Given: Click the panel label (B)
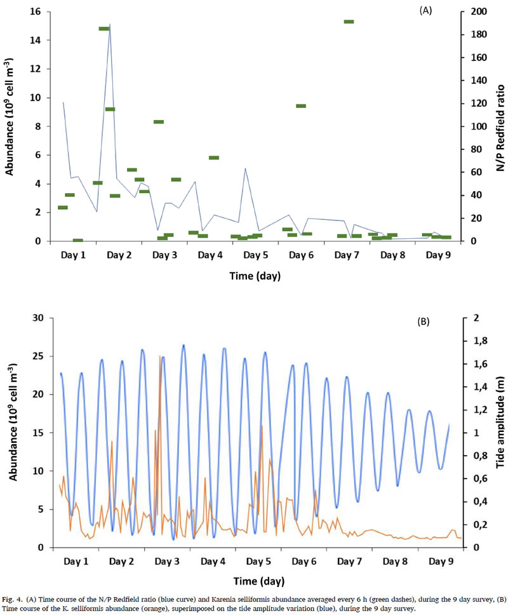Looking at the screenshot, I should coord(424,322).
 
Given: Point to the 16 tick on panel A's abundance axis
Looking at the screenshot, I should coord(37,11).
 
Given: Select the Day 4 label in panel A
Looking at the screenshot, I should coord(210,255).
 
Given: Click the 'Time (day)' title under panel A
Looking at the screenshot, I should coord(255,276).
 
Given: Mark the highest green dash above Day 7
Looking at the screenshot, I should coord(349,22).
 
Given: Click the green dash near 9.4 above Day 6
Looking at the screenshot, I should coord(301,106).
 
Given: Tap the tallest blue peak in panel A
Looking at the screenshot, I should coord(110,25).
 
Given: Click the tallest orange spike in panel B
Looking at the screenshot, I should coord(159,357).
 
